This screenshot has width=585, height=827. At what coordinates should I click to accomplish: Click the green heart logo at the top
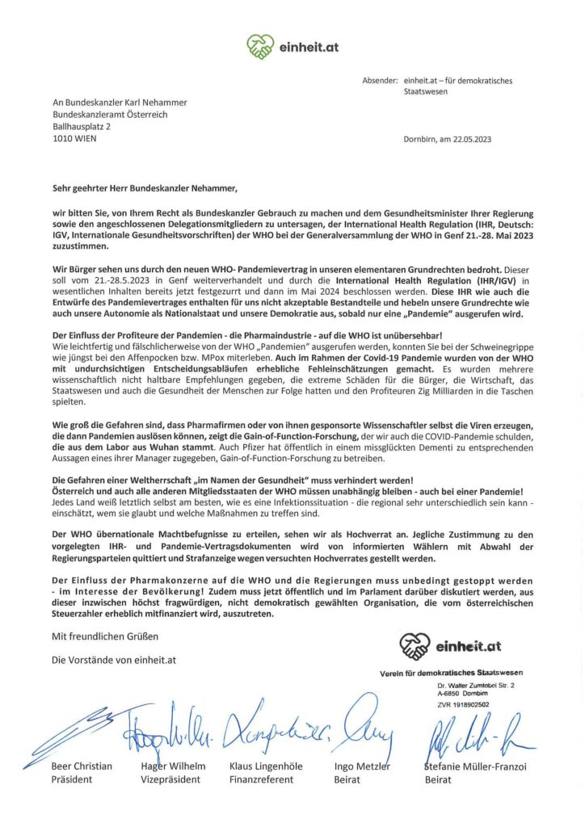(261, 47)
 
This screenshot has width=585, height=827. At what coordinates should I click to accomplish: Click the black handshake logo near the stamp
(415, 646)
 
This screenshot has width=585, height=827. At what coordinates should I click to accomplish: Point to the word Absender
(379, 81)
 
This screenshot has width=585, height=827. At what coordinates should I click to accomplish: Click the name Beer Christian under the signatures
(81, 765)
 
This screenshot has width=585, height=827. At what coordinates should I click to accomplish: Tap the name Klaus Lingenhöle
(267, 765)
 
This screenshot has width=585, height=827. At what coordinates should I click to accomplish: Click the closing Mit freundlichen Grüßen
(99, 637)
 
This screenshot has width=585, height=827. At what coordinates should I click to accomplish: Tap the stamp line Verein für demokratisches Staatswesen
(451, 673)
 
